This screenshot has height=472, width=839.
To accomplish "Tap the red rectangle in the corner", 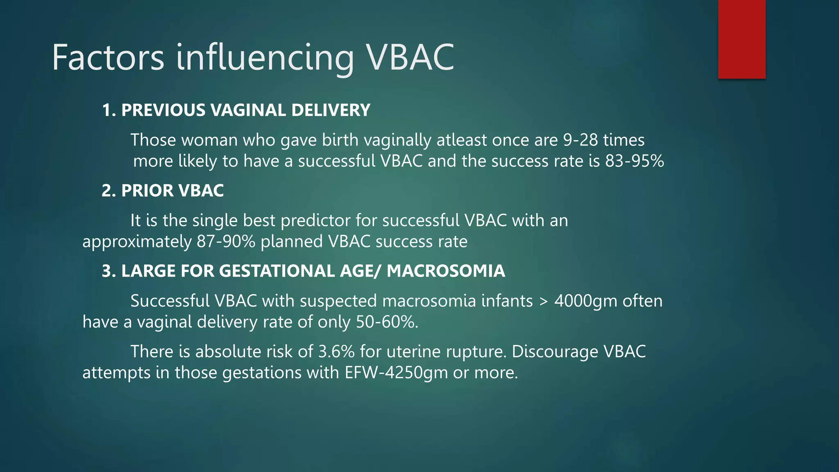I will coord(741,39).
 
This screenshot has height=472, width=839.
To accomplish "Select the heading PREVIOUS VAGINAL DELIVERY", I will coord(246,110).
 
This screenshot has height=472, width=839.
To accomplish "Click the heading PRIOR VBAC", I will coord(172,191).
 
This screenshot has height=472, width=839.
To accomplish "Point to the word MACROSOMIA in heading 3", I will coord(446,271).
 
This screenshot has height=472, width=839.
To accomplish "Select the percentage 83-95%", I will coord(635,161).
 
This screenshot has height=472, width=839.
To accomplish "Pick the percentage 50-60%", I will coord(387,322).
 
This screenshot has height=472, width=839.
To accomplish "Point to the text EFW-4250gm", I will coord(396,373).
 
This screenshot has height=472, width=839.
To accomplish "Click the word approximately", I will coord(137,241).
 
